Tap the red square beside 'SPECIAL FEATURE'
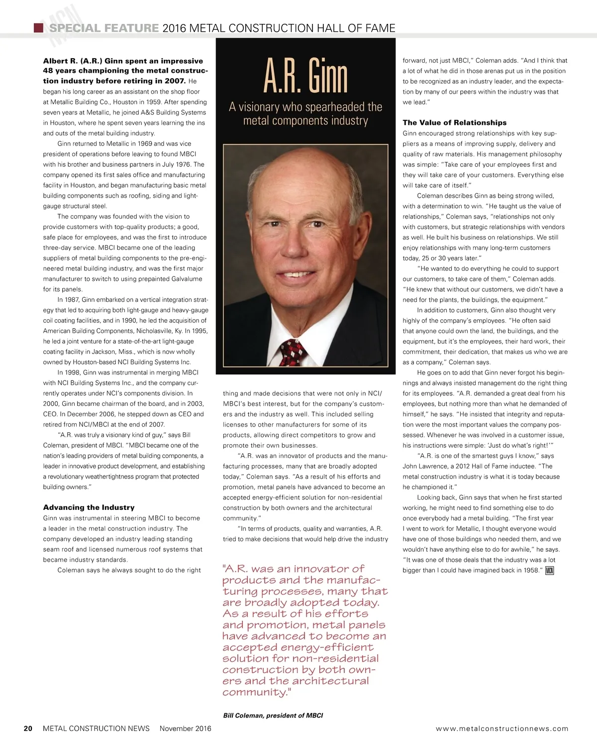point(37,28)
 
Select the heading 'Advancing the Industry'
point(89,507)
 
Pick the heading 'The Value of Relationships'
point(454,123)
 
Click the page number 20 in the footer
point(28,729)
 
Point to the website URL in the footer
point(501,729)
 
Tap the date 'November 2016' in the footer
point(185,729)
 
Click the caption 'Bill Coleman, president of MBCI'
point(273,716)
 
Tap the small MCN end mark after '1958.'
point(550,570)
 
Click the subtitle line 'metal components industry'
point(305,121)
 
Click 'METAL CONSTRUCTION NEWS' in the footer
point(96,729)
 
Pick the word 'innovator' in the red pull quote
point(330,569)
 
